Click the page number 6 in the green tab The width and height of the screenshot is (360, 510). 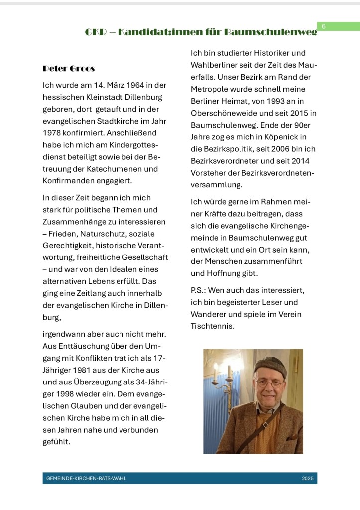tap(323, 26)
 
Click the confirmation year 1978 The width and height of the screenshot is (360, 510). tap(53, 133)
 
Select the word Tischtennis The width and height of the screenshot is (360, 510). tap(212, 327)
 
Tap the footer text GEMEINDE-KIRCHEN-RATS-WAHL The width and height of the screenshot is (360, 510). tap(87, 479)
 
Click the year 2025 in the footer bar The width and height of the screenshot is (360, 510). tap(307, 479)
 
